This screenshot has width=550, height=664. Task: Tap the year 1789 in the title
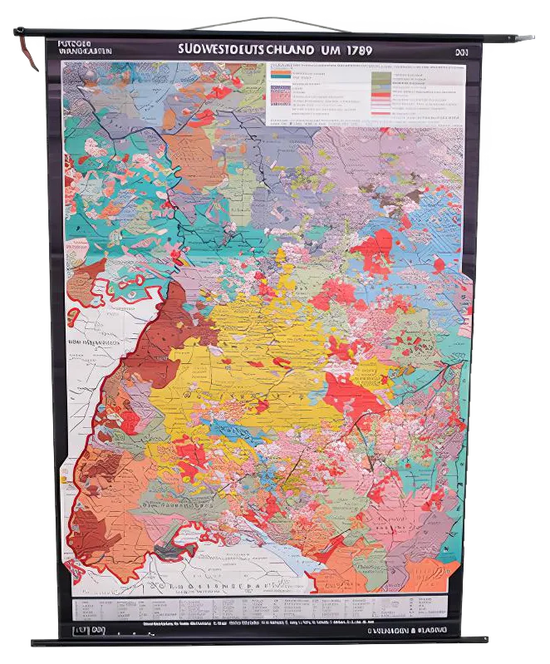coord(354,49)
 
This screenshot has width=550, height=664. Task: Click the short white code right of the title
coord(461,51)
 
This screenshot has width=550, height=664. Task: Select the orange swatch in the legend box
coord(281,74)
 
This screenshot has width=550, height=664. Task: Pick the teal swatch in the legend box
coord(281,81)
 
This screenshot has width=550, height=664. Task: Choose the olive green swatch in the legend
coord(380,77)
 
